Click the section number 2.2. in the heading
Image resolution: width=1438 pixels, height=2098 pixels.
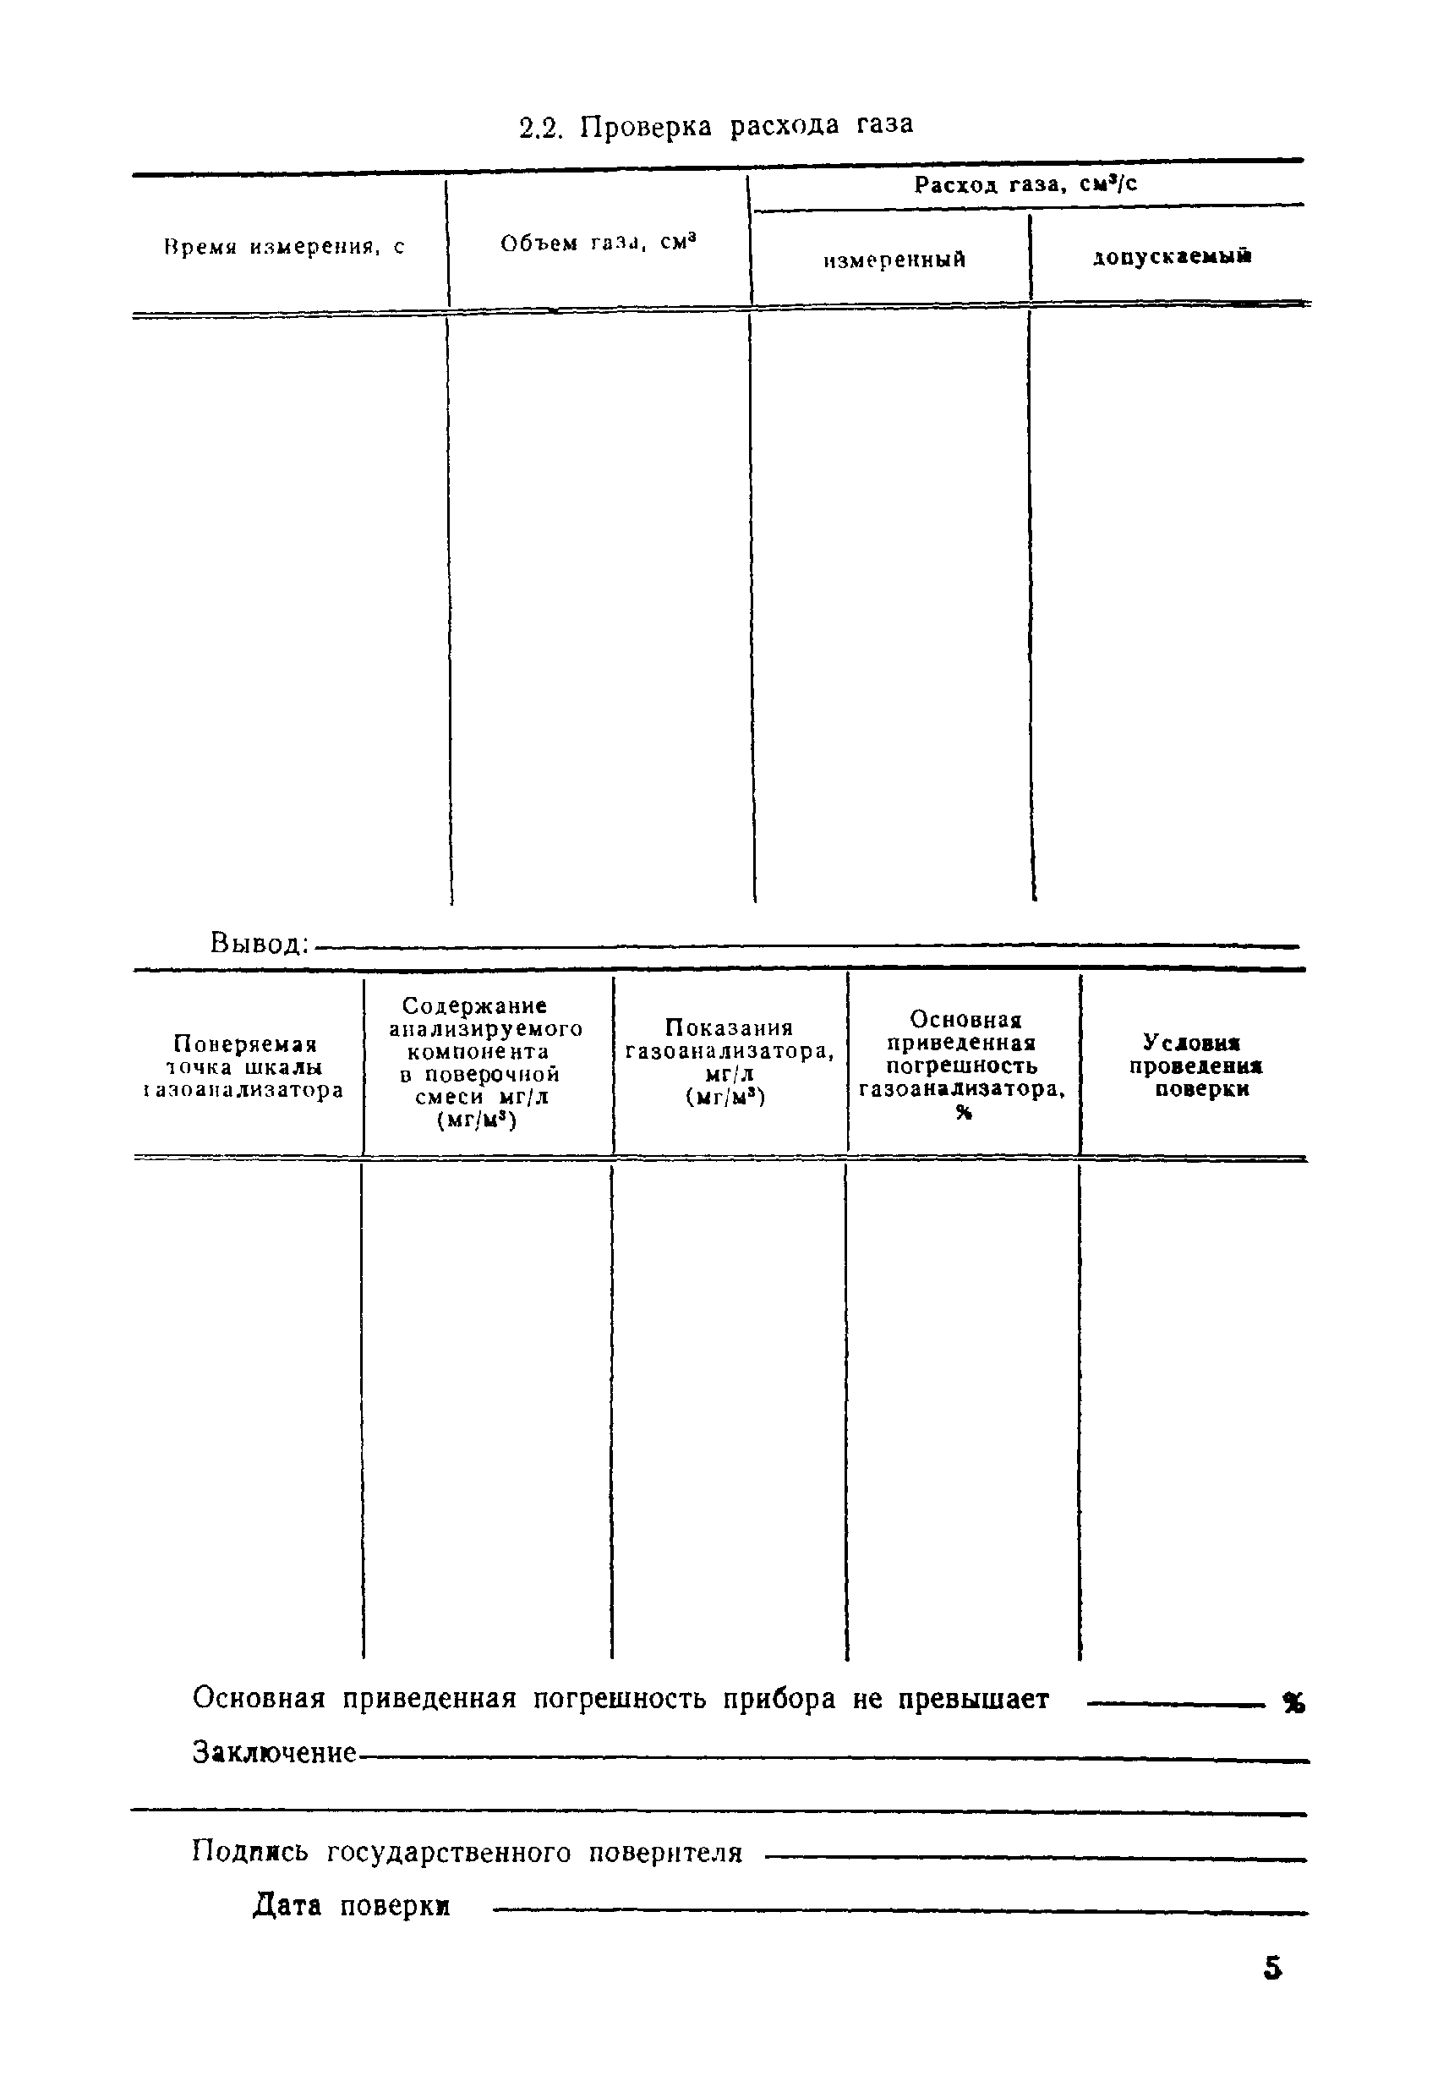pyautogui.click(x=541, y=128)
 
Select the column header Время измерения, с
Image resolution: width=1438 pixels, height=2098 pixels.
pyautogui.click(x=284, y=246)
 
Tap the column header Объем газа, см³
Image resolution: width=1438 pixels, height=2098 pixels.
pyautogui.click(x=599, y=243)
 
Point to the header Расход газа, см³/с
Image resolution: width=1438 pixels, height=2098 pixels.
pyautogui.click(x=1025, y=185)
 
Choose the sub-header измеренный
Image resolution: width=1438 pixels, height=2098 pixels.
pyautogui.click(x=894, y=260)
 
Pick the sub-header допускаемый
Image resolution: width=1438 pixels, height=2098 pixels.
pyautogui.click(x=1171, y=257)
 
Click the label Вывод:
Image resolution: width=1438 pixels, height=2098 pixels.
pyautogui.click(x=259, y=944)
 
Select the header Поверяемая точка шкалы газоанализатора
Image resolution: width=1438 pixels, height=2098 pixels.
pyautogui.click(x=243, y=1067)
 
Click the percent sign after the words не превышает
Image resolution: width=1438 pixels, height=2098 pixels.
pyautogui.click(x=1293, y=1702)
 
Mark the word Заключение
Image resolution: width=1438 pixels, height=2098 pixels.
pyautogui.click(x=275, y=1753)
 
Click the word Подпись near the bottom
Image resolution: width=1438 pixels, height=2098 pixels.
pyautogui.click(x=249, y=1853)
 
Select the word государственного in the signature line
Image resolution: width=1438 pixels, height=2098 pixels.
pyautogui.click(x=448, y=1853)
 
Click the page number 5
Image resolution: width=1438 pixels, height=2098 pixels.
pyautogui.click(x=1273, y=1967)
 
